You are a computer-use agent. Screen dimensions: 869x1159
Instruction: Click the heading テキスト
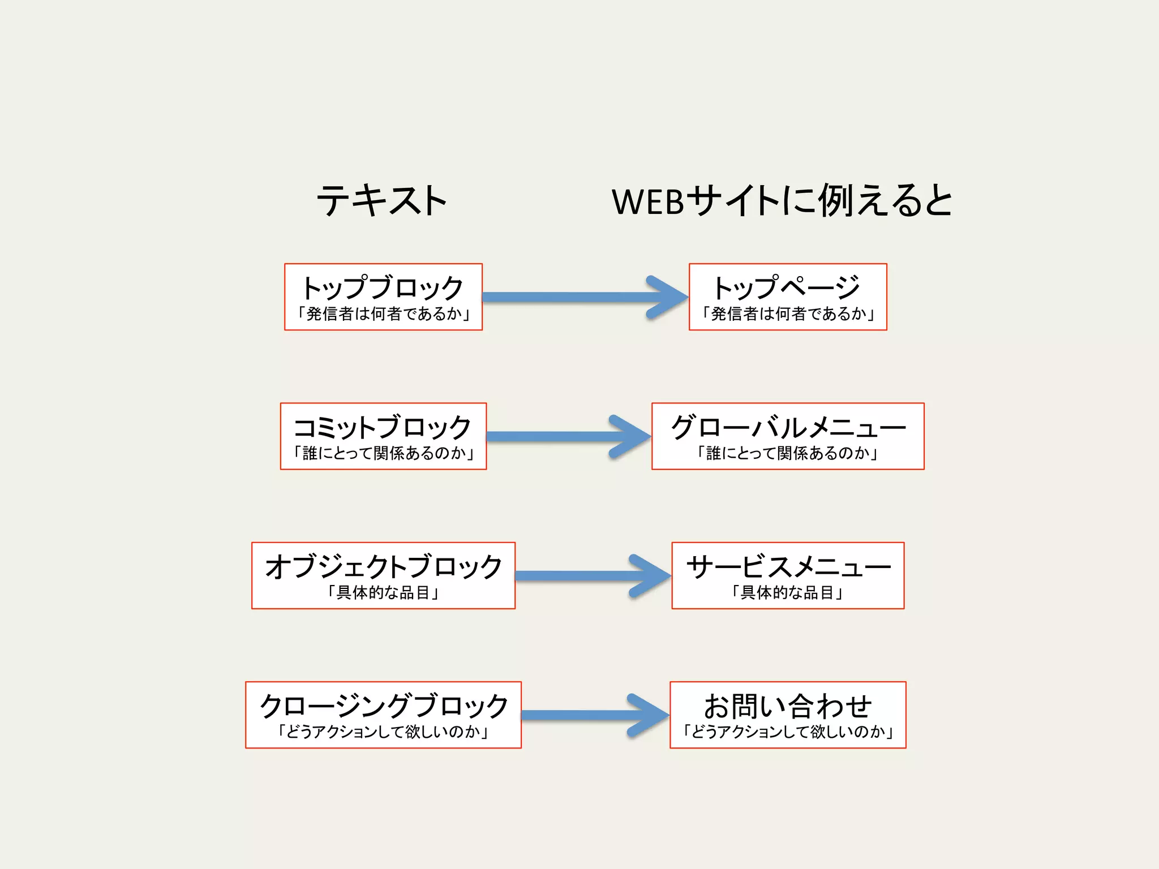[x=382, y=200]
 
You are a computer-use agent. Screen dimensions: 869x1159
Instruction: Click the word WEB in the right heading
[x=649, y=202]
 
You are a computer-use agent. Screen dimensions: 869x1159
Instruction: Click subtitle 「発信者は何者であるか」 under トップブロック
[x=383, y=314]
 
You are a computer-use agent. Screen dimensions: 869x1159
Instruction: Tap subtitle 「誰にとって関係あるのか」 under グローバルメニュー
[x=787, y=453]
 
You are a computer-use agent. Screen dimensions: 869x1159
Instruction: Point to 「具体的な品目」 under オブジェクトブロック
[x=383, y=593]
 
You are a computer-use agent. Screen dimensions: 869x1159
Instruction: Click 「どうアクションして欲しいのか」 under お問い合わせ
[x=788, y=732]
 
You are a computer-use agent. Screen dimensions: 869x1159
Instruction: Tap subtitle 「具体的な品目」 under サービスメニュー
[x=788, y=593]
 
